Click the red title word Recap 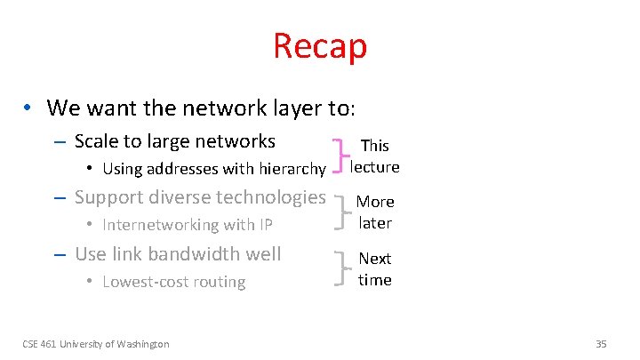320,46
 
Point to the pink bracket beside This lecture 339,156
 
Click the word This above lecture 374,145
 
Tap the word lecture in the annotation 374,166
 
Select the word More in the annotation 375,202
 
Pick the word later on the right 375,222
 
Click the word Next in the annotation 374,259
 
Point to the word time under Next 374,279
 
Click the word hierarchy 291,169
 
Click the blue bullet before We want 29,108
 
